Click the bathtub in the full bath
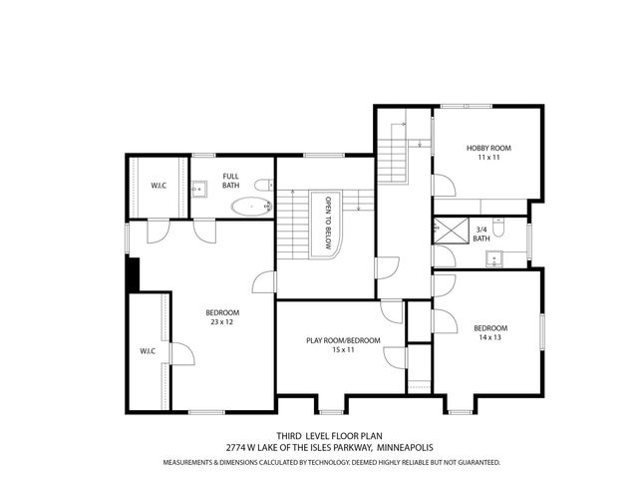click(x=250, y=208)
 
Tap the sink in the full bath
click(x=199, y=185)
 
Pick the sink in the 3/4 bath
click(x=493, y=259)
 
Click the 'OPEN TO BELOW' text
click(x=326, y=222)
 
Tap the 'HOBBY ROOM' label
click(x=487, y=149)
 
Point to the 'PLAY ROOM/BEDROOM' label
click(x=343, y=341)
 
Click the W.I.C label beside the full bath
click(x=159, y=185)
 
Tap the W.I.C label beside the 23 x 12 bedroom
click(x=147, y=350)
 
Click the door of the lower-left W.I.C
click(x=179, y=352)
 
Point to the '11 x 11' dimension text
click(x=487, y=159)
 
